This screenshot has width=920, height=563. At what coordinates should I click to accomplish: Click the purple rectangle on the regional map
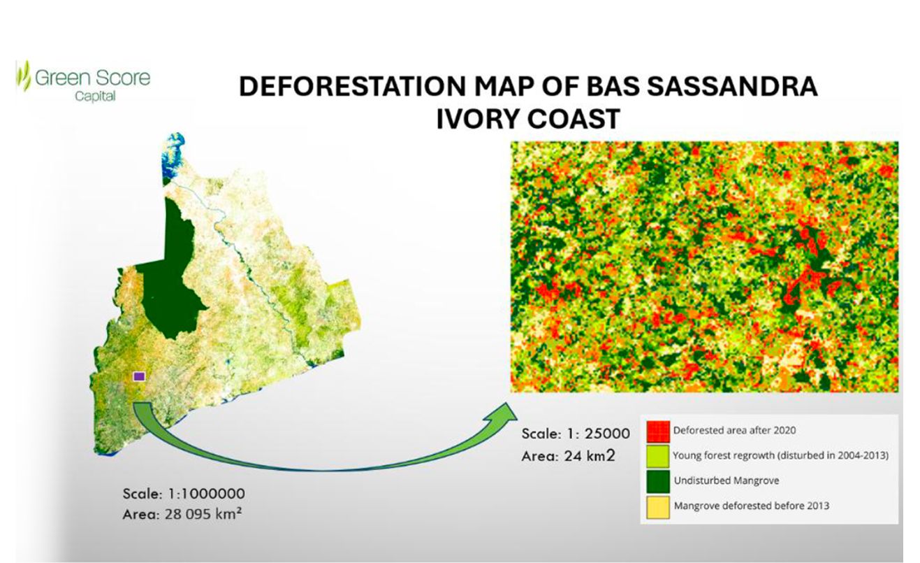(139, 376)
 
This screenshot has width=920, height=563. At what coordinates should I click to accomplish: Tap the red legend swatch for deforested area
(658, 432)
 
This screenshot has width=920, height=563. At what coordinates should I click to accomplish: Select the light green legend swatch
(658, 456)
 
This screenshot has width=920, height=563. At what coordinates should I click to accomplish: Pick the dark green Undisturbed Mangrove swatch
(658, 481)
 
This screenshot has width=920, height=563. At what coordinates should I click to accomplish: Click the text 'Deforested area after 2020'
(734, 431)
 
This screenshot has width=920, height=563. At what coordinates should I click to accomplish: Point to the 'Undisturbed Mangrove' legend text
(726, 480)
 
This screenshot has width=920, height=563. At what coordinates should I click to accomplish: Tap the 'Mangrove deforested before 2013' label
(752, 506)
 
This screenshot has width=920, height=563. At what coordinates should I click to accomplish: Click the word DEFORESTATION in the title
(352, 86)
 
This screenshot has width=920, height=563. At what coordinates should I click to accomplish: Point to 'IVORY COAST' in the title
(528, 119)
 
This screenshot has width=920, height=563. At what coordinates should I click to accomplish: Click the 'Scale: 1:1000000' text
(184, 494)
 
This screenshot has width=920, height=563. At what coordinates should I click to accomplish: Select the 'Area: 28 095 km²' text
(182, 514)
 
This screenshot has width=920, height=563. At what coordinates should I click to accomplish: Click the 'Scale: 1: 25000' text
(576, 434)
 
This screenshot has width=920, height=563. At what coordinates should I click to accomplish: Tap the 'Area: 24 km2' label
(569, 456)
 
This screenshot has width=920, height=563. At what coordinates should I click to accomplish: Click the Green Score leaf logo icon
(24, 76)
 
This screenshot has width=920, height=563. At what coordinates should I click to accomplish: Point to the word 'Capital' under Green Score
(95, 97)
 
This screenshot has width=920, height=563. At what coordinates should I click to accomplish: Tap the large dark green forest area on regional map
(168, 280)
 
